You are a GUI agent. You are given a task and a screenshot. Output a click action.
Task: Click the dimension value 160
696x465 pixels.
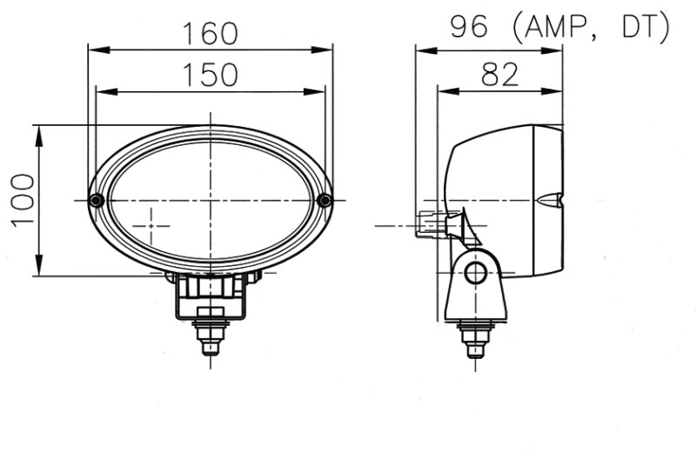pos(210,33)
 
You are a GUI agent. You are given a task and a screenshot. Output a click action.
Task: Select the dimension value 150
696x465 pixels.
pos(210,75)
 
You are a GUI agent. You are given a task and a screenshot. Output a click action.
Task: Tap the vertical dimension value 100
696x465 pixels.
pos(23,200)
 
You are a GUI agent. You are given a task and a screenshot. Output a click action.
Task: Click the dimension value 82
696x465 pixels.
pos(499,75)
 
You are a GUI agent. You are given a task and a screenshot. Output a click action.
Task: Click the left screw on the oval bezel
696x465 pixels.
pos(97,201)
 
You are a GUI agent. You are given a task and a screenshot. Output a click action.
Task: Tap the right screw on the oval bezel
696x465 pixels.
pos(325,201)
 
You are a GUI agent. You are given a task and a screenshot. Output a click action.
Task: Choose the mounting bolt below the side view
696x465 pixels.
pos(475,337)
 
